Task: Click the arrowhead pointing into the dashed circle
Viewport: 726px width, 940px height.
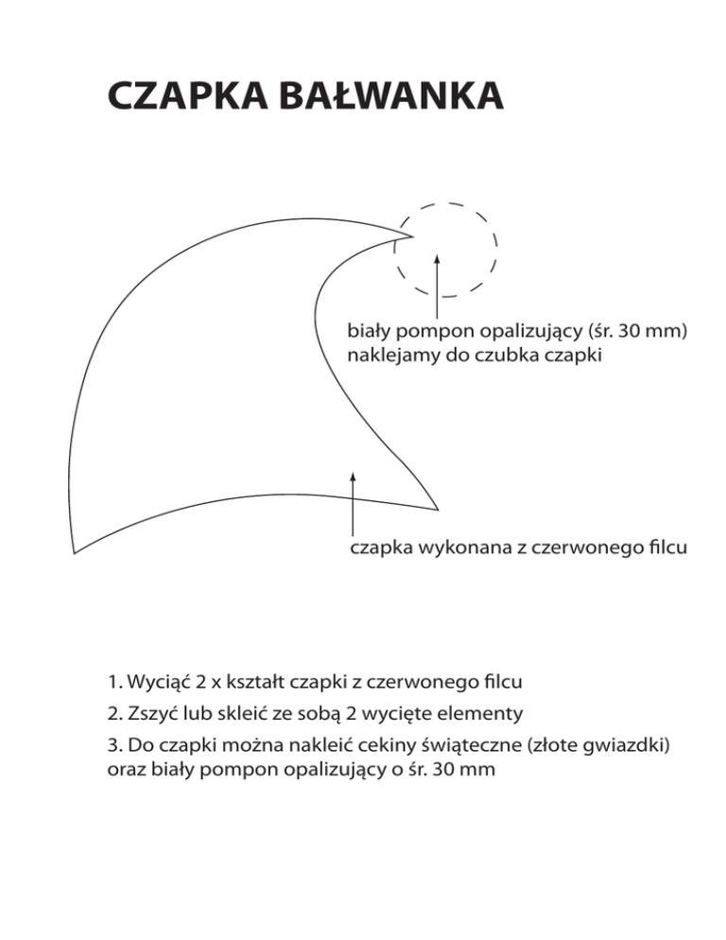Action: click(x=437, y=256)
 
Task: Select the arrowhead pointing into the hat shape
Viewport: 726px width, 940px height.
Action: click(x=353, y=475)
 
